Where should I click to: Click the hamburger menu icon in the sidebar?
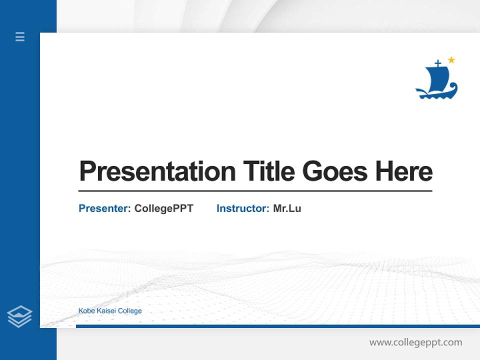pyautogui.click(x=20, y=36)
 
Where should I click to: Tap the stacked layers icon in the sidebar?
pyautogui.click(x=19, y=316)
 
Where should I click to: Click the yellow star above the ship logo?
pyautogui.click(x=451, y=60)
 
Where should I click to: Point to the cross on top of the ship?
pyautogui.click(x=438, y=63)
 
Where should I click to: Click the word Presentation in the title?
pyautogui.click(x=157, y=171)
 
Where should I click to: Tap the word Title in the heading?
pyautogui.click(x=269, y=171)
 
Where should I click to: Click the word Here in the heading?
pyautogui.click(x=403, y=171)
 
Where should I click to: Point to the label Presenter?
pyautogui.click(x=104, y=208)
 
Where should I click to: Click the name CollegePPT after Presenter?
pyautogui.click(x=163, y=208)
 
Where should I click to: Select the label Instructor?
pyautogui.click(x=242, y=208)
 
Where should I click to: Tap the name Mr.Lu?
pyautogui.click(x=287, y=208)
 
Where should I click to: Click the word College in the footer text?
pyautogui.click(x=130, y=311)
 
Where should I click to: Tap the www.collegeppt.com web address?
pyautogui.click(x=415, y=342)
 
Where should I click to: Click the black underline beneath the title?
pyautogui.click(x=255, y=191)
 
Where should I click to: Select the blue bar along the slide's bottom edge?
pyautogui.click(x=277, y=326)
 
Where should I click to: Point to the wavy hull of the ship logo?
pyautogui.click(x=436, y=93)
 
